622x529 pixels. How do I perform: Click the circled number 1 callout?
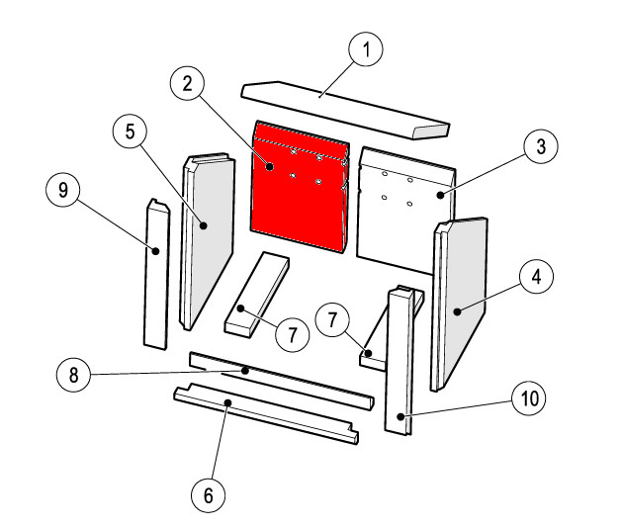click(366, 49)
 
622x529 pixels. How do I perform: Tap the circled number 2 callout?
click(187, 84)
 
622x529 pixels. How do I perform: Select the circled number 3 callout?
click(541, 146)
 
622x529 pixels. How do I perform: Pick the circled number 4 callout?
click(536, 277)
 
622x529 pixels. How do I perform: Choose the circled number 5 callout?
click(131, 132)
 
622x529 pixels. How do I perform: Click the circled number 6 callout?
click(209, 495)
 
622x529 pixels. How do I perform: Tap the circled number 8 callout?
click(74, 375)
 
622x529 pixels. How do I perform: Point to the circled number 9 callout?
click(63, 190)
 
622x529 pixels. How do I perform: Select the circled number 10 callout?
click(529, 398)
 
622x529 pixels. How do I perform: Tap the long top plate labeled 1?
click(345, 110)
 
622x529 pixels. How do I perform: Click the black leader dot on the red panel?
click(270, 166)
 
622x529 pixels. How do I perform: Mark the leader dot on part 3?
click(440, 195)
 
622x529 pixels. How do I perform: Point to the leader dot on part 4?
click(458, 311)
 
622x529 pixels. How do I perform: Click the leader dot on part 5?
click(204, 225)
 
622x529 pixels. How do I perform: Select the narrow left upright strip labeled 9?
click(156, 274)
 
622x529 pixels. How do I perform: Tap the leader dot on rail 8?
click(245, 371)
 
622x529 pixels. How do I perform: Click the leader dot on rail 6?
click(227, 402)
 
